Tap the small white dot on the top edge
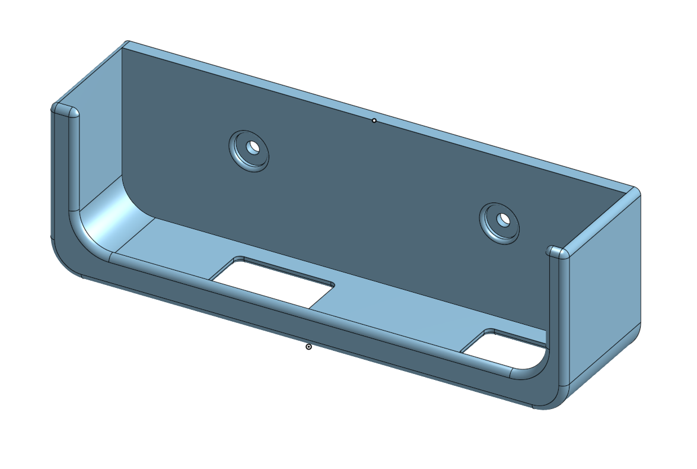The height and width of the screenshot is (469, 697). coord(374,121)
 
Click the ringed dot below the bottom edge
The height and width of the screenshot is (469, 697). coord(308,346)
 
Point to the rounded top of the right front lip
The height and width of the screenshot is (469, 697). coord(558,252)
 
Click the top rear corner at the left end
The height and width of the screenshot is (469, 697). coord(126,45)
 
